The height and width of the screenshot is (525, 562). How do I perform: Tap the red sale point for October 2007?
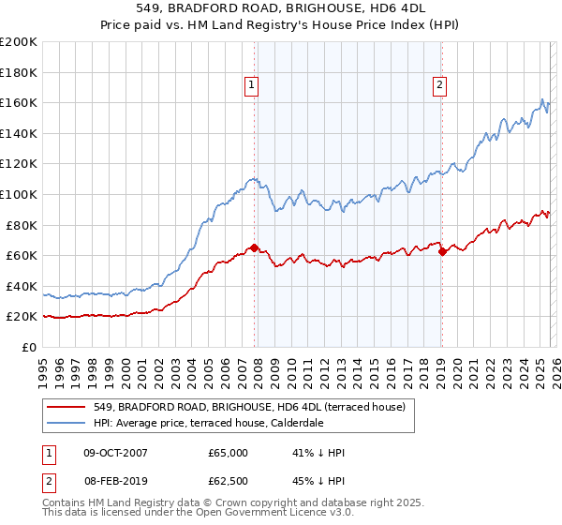coord(254,248)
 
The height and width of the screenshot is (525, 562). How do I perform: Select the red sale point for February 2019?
coord(442,252)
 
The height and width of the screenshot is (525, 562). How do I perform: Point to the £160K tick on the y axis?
coord(19,103)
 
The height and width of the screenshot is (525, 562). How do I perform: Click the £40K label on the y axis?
coord(22,286)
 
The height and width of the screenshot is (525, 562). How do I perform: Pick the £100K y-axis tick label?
coord(19,194)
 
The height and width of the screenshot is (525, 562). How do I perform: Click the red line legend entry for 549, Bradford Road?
coord(249,407)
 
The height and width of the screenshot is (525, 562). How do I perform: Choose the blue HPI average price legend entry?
coord(208,424)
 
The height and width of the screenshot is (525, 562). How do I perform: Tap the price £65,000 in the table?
coord(228,453)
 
